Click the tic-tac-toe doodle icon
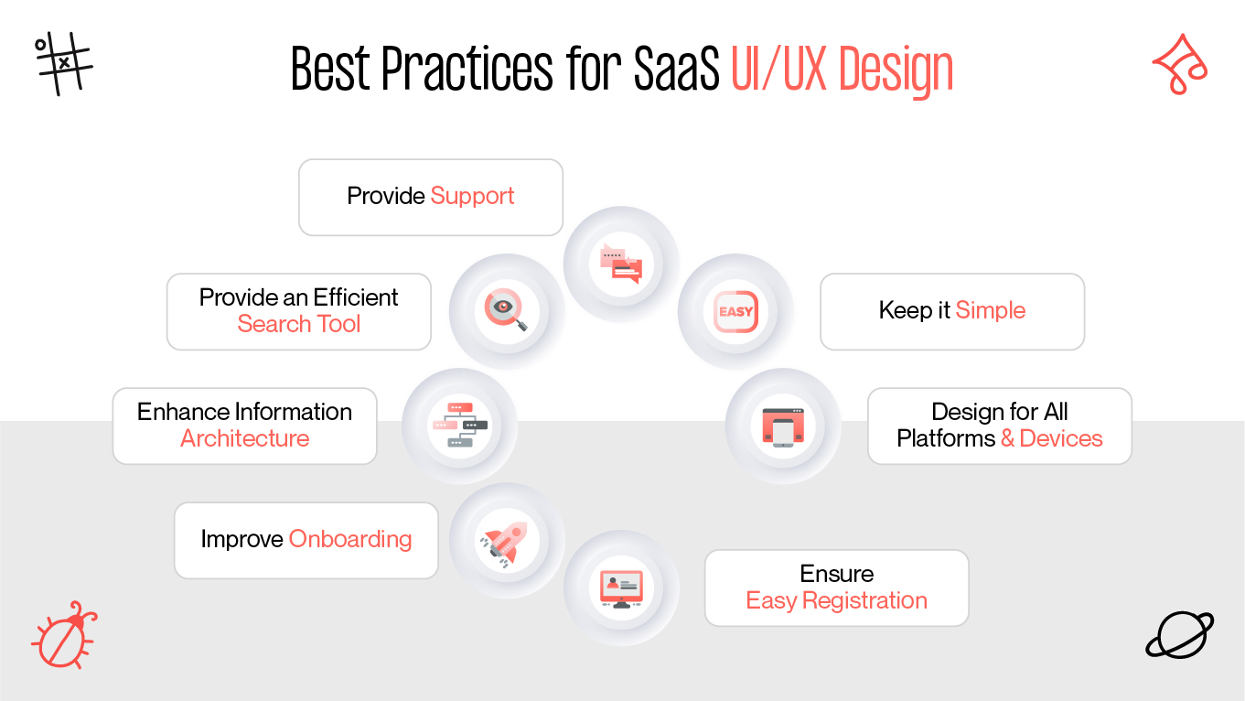click(64, 63)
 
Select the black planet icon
click(1179, 634)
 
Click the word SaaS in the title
click(676, 70)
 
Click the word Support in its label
click(472, 196)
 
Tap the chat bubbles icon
click(621, 264)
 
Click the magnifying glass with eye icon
click(506, 311)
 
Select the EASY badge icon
click(735, 311)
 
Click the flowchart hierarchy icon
click(459, 426)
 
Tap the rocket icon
click(506, 541)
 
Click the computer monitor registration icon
click(621, 588)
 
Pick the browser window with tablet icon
click(783, 426)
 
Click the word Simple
click(990, 310)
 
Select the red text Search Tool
click(299, 324)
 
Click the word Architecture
click(244, 438)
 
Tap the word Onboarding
click(349, 539)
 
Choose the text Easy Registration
click(836, 600)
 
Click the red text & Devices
click(1051, 438)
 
